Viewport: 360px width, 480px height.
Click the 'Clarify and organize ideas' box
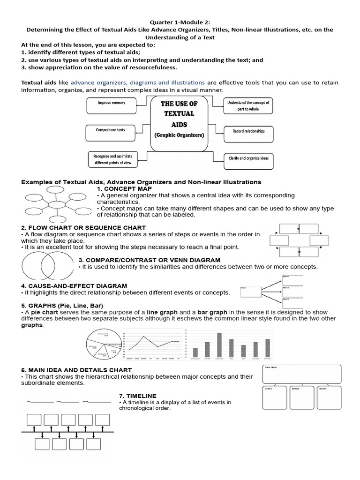tap(248, 158)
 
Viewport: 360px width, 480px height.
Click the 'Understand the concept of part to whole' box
tap(248, 105)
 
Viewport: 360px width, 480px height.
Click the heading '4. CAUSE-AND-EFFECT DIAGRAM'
tap(74, 285)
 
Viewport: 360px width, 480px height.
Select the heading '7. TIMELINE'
tap(138, 396)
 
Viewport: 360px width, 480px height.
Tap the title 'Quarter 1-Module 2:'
tap(180, 22)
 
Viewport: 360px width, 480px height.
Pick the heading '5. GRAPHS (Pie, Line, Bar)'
tap(62, 306)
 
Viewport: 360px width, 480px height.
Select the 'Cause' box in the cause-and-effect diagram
tap(249, 292)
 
